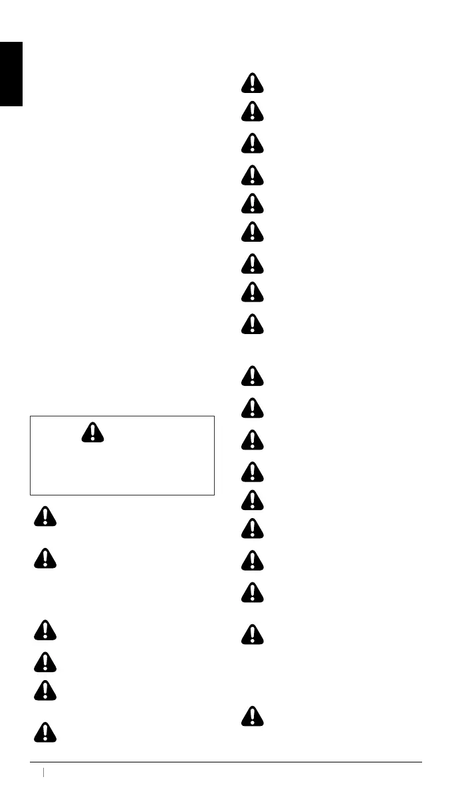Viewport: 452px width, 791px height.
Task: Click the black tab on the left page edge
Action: click(x=11, y=74)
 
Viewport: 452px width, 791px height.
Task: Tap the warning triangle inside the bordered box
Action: click(x=94, y=432)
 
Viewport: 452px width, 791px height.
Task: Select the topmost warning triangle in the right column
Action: click(x=253, y=83)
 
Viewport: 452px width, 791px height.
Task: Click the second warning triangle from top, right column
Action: click(x=253, y=111)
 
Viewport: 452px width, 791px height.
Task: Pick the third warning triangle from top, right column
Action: click(x=253, y=143)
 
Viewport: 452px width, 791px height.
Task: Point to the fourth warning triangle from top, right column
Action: click(x=253, y=175)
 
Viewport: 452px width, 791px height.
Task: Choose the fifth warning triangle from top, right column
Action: click(x=253, y=203)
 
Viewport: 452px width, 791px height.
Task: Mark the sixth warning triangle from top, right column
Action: click(x=253, y=231)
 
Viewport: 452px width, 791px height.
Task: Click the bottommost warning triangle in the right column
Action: click(x=253, y=716)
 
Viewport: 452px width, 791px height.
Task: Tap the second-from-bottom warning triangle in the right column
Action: click(x=253, y=635)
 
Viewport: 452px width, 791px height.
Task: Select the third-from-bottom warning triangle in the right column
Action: click(x=253, y=592)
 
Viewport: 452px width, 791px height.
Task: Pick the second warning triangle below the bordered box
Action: click(x=45, y=558)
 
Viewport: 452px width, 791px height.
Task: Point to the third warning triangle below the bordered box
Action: click(x=45, y=630)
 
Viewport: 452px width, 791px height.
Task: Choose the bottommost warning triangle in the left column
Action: click(x=45, y=732)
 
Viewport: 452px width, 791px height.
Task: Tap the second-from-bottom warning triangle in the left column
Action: click(x=45, y=691)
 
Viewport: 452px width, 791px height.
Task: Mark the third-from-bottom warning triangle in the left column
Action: click(x=45, y=661)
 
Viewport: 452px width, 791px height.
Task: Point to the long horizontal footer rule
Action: click(x=226, y=762)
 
